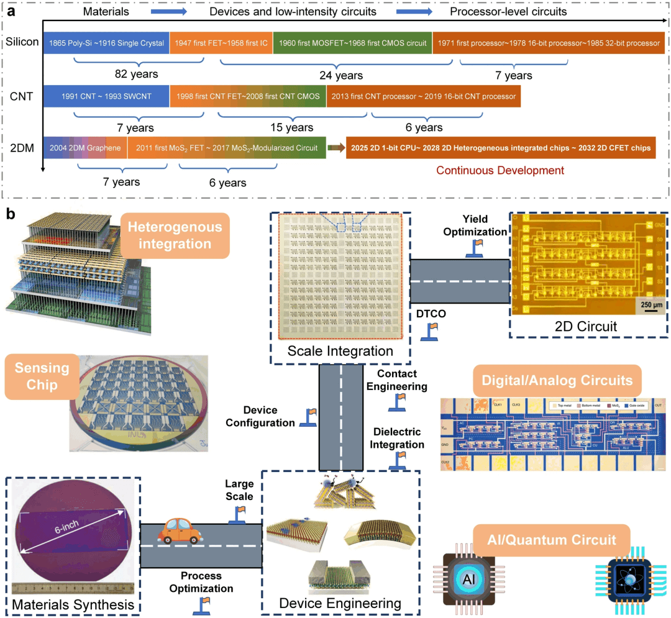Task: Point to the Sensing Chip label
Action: coord(39,376)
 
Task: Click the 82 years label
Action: coord(136,74)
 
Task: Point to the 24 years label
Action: coord(341,75)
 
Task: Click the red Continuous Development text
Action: coord(500,170)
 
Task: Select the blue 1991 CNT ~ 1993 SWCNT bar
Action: coord(106,96)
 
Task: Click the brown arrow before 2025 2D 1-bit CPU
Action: coord(336,148)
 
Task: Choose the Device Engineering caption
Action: coord(340,603)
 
